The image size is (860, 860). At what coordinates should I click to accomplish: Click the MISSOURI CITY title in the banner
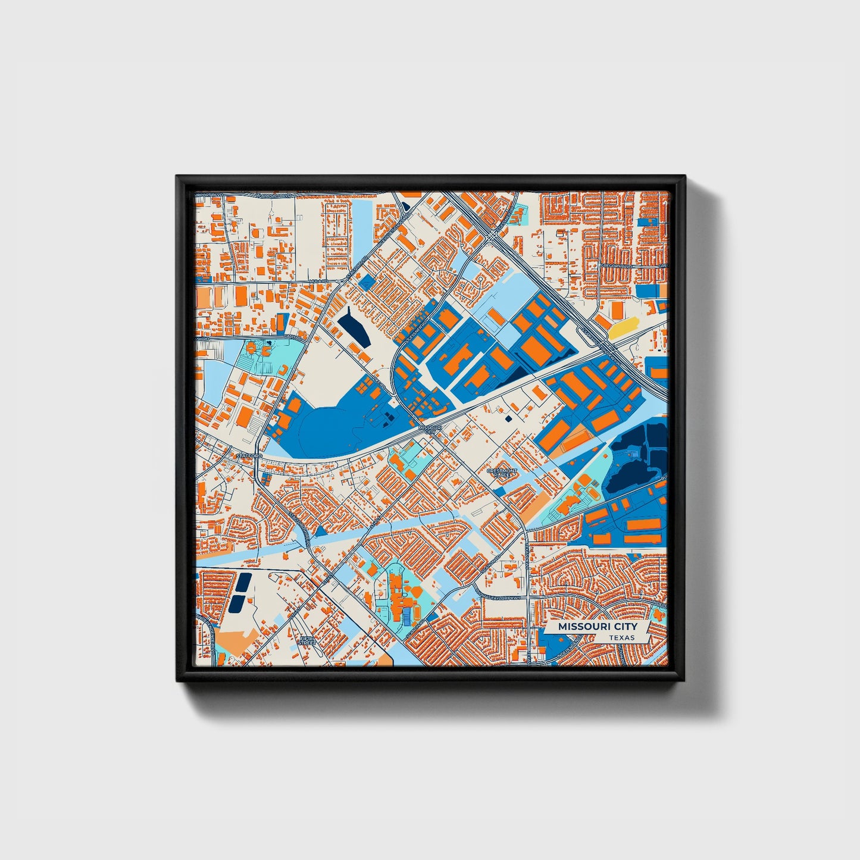[597, 627]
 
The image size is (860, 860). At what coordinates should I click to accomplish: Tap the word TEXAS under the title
[621, 637]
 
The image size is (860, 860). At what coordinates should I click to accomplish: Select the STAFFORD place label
[248, 455]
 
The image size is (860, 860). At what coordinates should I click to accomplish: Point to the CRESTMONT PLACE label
[502, 472]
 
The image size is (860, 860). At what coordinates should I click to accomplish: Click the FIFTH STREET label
[307, 640]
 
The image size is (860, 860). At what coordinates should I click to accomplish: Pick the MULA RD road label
[318, 280]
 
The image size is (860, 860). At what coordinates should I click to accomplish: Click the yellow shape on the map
[624, 326]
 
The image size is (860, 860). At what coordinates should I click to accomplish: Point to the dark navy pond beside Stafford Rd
[353, 327]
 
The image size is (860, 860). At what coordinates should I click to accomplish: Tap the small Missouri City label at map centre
[430, 429]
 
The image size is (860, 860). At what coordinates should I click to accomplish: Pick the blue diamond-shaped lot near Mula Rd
[367, 283]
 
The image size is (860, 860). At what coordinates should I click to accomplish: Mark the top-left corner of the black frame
[177, 177]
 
